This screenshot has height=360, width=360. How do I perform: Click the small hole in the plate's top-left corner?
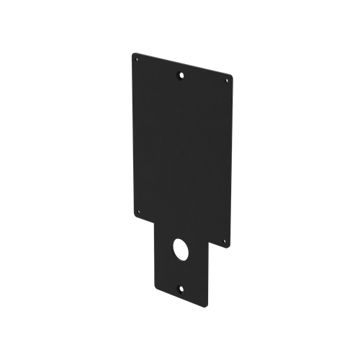point(135,61)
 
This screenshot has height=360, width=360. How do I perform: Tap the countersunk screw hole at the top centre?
point(180,75)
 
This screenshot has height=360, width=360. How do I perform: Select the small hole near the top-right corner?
point(227,81)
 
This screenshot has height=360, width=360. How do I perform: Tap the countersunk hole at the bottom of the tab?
point(180,289)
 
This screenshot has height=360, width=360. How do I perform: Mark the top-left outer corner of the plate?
point(132,51)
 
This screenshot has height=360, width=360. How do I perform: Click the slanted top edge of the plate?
point(184,63)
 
